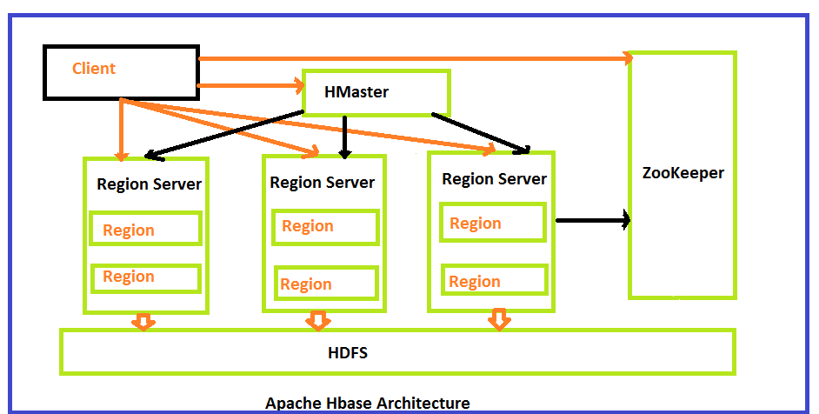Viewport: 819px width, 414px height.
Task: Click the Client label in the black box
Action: pyautogui.click(x=94, y=69)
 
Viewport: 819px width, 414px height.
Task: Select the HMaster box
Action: pyautogui.click(x=375, y=92)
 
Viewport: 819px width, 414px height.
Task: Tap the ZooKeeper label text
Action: pyautogui.click(x=682, y=173)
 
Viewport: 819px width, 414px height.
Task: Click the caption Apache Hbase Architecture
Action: pyautogui.click(x=367, y=404)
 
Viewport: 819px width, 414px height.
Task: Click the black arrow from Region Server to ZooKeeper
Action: pyautogui.click(x=592, y=221)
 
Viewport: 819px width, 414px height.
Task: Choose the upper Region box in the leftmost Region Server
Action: pyautogui.click(x=145, y=230)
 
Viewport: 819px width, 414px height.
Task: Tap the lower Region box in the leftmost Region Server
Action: pyautogui.click(x=145, y=277)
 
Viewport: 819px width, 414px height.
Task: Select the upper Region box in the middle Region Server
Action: pyautogui.click(x=324, y=227)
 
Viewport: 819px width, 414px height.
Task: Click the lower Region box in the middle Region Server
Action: pyautogui.click(x=325, y=284)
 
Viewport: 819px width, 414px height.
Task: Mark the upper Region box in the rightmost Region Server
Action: pyautogui.click(x=493, y=223)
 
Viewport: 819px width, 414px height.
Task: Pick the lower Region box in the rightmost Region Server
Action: pyautogui.click(x=494, y=281)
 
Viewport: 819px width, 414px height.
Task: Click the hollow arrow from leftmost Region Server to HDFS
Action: pyautogui.click(x=143, y=321)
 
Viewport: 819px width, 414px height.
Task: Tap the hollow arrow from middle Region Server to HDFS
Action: pyautogui.click(x=317, y=321)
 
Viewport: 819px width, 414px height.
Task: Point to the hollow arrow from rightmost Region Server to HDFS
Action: pyautogui.click(x=498, y=319)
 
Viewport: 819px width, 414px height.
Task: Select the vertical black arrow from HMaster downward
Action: pyautogui.click(x=346, y=136)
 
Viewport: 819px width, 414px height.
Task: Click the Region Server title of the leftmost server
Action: pyautogui.click(x=149, y=184)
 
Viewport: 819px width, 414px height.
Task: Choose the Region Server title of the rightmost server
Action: pyautogui.click(x=494, y=179)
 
